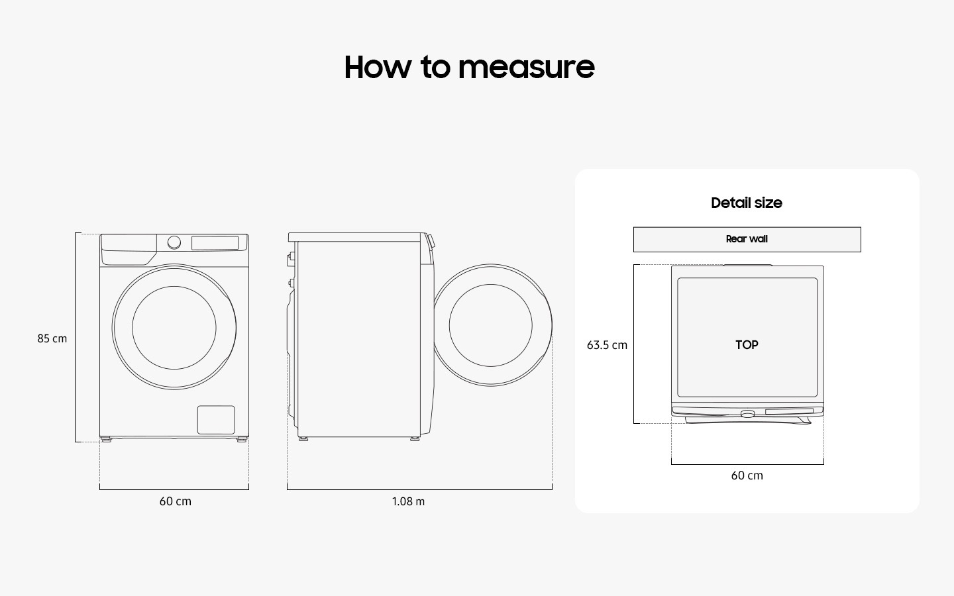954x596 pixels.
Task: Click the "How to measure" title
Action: pos(469,67)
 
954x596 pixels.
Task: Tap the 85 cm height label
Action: pos(52,338)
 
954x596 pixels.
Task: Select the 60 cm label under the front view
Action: pos(175,501)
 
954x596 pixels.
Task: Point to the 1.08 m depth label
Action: pos(408,501)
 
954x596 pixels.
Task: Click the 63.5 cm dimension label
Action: pos(607,345)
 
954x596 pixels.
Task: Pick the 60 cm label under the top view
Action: pos(747,475)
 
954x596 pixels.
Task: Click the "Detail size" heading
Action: pos(746,203)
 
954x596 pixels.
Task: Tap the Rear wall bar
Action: pos(747,239)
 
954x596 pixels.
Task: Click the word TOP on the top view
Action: pos(747,344)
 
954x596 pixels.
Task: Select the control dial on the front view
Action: pos(174,242)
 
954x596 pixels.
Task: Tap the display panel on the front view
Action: pos(215,243)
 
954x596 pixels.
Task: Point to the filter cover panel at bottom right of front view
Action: pos(216,420)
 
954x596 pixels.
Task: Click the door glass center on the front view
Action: pos(174,327)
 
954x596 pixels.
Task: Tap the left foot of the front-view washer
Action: pos(106,439)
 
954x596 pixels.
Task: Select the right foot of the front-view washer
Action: pos(242,439)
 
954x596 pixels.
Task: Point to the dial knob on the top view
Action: pos(747,414)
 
